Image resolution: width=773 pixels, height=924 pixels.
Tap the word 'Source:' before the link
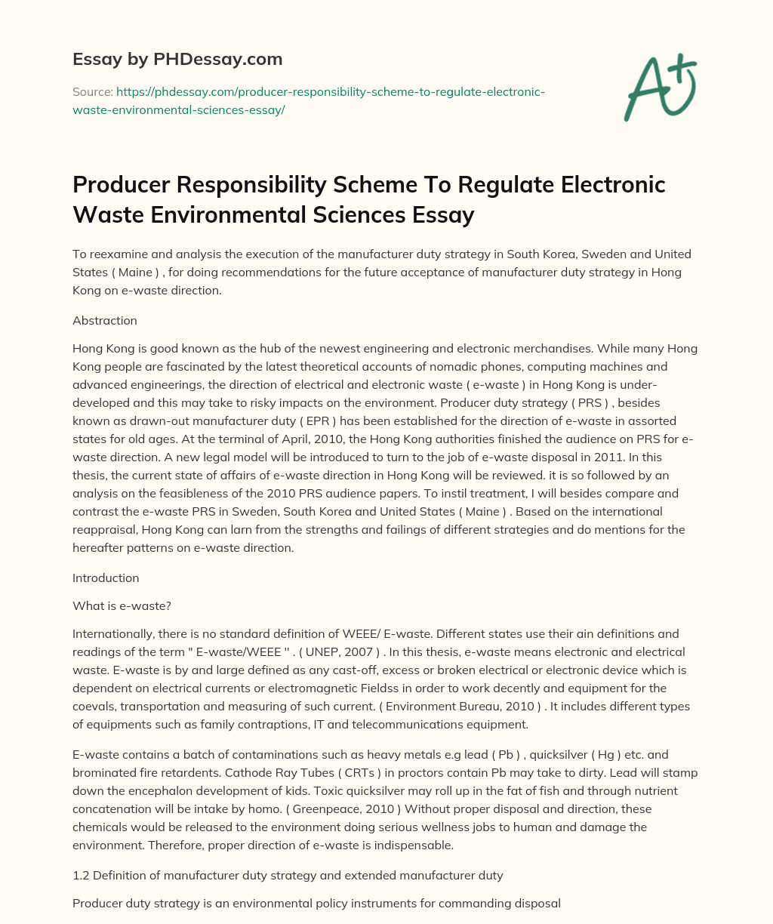[92, 92]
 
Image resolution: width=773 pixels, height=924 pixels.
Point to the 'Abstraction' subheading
[105, 320]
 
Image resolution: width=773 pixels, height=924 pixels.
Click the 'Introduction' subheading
[106, 577]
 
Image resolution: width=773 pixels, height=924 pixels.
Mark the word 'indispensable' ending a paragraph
[414, 845]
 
